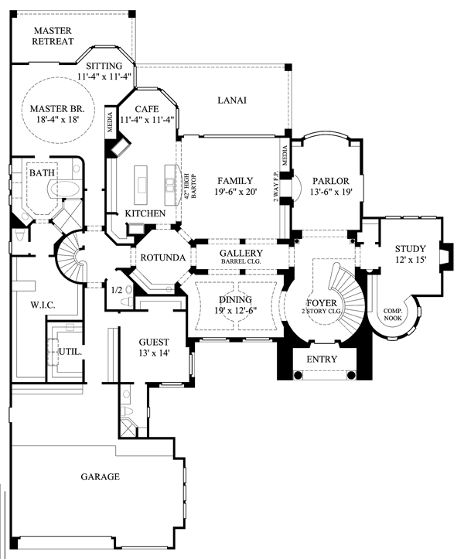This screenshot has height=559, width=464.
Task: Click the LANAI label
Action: coord(232,101)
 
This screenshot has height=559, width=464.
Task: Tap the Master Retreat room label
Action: coord(53,36)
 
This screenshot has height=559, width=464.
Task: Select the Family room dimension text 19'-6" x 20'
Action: coord(236,192)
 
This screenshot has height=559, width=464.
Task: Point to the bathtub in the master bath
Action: coord(65,188)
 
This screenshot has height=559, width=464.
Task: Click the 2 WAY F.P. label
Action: coord(275,186)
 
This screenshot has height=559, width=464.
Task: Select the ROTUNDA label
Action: coord(163,257)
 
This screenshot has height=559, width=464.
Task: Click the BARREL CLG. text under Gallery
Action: coord(241,261)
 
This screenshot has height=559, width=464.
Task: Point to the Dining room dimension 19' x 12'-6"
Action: coord(236,311)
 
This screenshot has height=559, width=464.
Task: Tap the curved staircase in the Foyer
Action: coord(346,298)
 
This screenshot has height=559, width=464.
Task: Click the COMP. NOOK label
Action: coord(393,315)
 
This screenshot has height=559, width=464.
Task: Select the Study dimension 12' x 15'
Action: coord(411,260)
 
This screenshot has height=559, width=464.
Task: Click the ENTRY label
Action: coord(322,359)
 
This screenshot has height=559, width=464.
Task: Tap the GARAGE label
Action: coord(101,476)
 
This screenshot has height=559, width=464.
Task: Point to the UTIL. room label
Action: coord(70,352)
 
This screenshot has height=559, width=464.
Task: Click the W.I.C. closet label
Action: coord(43,305)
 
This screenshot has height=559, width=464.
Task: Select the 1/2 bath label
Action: coord(117,290)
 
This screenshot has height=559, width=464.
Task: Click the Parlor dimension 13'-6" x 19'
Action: coord(331,192)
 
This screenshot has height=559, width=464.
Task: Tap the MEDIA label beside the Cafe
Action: coord(110,122)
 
